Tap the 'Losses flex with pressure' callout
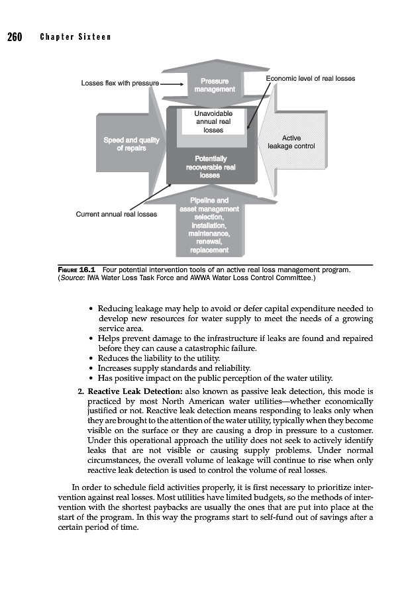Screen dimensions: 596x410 (x=120, y=84)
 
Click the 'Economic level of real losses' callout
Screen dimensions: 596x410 (x=310, y=79)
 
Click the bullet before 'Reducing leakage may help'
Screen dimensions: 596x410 (x=90, y=309)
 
